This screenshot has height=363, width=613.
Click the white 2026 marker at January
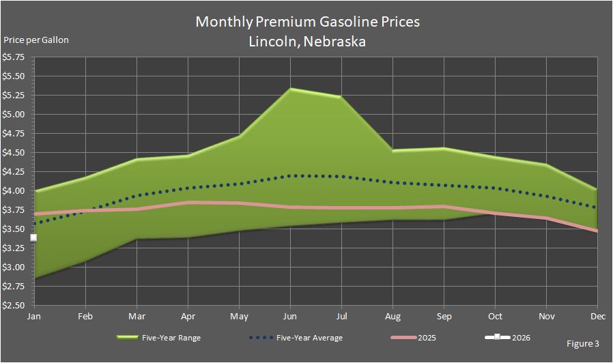(33, 237)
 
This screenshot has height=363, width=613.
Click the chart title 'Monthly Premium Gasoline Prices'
(307, 22)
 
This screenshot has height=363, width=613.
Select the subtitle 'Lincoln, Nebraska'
(307, 41)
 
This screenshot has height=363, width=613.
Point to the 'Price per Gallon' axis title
(36, 40)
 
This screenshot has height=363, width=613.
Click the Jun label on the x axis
(290, 317)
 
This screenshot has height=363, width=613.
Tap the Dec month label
(597, 317)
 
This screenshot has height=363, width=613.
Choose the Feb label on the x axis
(85, 317)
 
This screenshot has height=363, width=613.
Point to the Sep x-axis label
(444, 317)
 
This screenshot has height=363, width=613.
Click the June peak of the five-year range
(291, 89)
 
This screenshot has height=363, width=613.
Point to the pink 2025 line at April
(188, 202)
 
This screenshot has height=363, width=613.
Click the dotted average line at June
(291, 175)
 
